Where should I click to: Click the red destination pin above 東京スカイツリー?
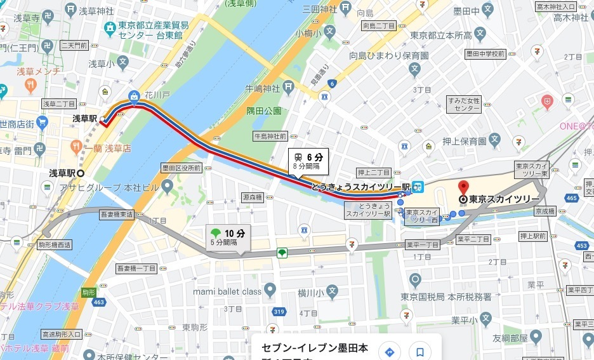[x=463, y=187]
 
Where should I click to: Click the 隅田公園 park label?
[x=264, y=110]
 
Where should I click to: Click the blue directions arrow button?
[x=389, y=352]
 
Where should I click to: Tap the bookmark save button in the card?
[x=419, y=352]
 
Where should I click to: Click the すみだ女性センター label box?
[x=464, y=104]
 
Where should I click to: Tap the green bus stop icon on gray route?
[x=282, y=253]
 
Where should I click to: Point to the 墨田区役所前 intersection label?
[x=181, y=168]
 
